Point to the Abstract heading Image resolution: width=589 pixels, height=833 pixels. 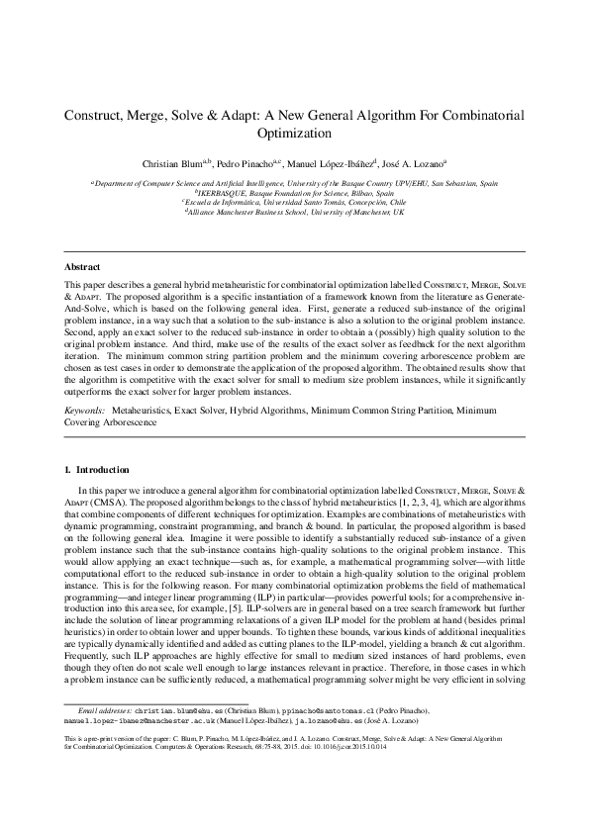point(82,267)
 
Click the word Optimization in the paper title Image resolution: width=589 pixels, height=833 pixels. point(294,133)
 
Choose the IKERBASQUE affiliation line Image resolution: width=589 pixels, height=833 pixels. point(294,193)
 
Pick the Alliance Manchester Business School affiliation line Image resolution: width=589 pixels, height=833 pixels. point(294,212)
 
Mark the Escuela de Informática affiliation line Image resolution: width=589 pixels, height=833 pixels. point(294,203)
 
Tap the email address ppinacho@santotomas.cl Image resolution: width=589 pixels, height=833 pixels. point(311,766)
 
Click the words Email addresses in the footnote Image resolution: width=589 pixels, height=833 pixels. point(106,766)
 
